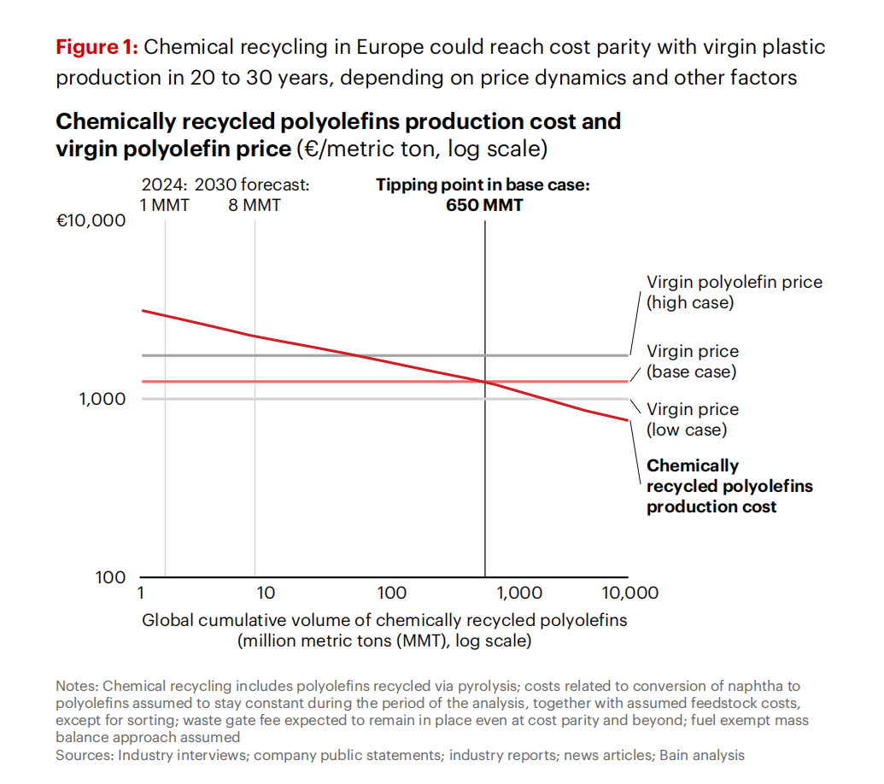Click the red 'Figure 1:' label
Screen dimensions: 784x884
[x=97, y=47]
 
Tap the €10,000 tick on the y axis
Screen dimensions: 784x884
[x=90, y=220]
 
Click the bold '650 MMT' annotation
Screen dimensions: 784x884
[x=484, y=205]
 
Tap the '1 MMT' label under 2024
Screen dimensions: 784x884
[x=165, y=205]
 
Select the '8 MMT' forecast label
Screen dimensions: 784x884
[x=255, y=205]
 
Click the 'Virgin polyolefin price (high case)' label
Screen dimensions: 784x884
[x=734, y=292]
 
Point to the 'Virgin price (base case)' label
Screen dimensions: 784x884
[x=693, y=361]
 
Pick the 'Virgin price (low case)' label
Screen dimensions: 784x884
[x=693, y=419]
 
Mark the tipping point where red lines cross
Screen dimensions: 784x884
[x=485, y=382]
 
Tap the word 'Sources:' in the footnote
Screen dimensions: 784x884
[x=84, y=755]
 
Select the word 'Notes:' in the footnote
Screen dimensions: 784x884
[x=77, y=686]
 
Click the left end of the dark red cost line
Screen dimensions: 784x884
[x=142, y=310]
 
